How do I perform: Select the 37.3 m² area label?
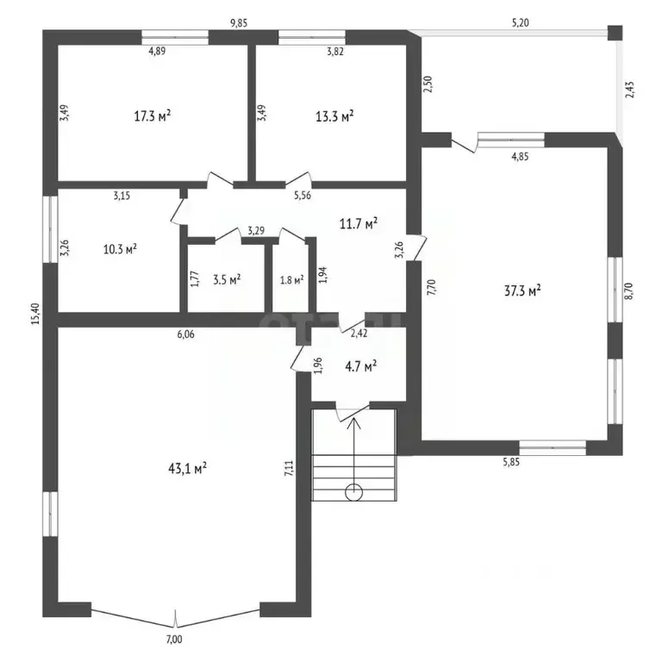[x=522, y=291]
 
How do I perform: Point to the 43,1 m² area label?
[x=186, y=468]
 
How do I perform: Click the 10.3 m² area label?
[x=120, y=250]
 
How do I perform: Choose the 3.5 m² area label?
[x=226, y=279]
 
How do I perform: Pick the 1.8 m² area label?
[x=293, y=279]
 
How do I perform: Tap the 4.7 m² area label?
[x=359, y=366]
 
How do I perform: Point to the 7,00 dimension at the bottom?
[x=174, y=639]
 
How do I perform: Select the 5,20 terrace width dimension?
[x=520, y=23]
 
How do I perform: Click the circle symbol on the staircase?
[x=353, y=493]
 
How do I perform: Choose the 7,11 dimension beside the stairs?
[x=288, y=468]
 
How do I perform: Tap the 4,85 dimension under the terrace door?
[x=520, y=157]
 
